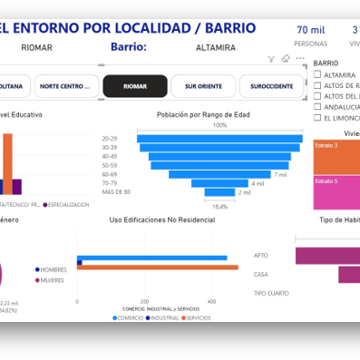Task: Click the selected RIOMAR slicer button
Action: [x=134, y=86]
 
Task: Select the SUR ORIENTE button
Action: [x=202, y=86]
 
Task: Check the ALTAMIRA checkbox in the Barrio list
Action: [x=316, y=74]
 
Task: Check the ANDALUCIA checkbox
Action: [x=316, y=106]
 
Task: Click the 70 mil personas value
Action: [x=311, y=30]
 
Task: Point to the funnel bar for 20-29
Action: [x=219, y=138]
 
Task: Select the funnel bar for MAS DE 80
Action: [x=219, y=192]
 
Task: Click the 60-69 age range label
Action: [x=111, y=174]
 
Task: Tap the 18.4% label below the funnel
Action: [x=219, y=207]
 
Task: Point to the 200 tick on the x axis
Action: [x=144, y=302]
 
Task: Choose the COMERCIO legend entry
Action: [x=130, y=318]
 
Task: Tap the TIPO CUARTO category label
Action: [x=272, y=293]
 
